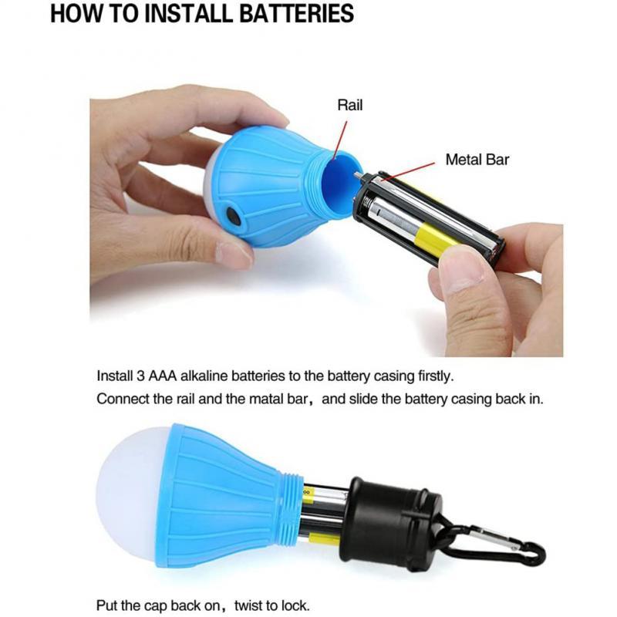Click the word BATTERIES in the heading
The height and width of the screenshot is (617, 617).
296,13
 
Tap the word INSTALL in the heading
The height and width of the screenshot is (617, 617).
187,13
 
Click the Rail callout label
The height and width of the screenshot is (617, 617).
350,105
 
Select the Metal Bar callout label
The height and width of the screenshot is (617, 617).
477,160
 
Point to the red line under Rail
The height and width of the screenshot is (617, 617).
340,140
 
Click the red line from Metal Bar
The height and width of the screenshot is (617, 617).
408,171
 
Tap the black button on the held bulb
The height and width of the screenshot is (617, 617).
234,216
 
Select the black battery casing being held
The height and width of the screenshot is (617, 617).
429,219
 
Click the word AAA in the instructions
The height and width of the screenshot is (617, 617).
163,376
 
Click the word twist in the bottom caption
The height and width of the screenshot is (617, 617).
250,605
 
